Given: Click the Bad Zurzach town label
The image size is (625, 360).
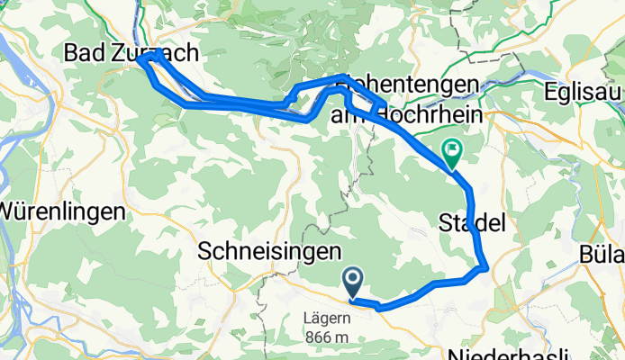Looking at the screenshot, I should pyautogui.click(x=131, y=54).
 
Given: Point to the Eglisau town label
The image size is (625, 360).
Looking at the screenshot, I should pyautogui.click(x=584, y=93).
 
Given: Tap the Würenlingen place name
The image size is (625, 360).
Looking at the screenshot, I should pyautogui.click(x=59, y=213).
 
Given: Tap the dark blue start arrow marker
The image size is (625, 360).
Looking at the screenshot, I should pyautogui.click(x=352, y=281).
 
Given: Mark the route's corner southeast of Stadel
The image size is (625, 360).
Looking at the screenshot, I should pyautogui.click(x=486, y=266).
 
